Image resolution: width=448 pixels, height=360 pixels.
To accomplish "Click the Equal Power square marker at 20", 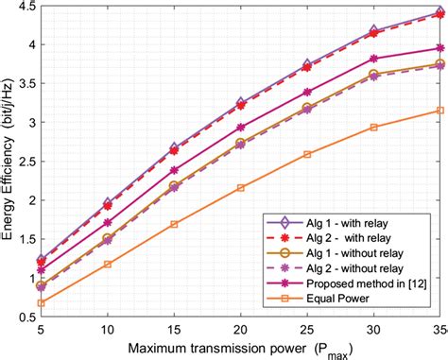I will pyautogui.click(x=241, y=187).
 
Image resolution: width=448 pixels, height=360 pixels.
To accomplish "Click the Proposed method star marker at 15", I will pyautogui.click(x=174, y=170).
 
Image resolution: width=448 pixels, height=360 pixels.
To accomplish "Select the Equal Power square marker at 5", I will pyautogui.click(x=41, y=302).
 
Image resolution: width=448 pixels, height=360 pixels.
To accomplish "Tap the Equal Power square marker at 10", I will pyautogui.click(x=107, y=264).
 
